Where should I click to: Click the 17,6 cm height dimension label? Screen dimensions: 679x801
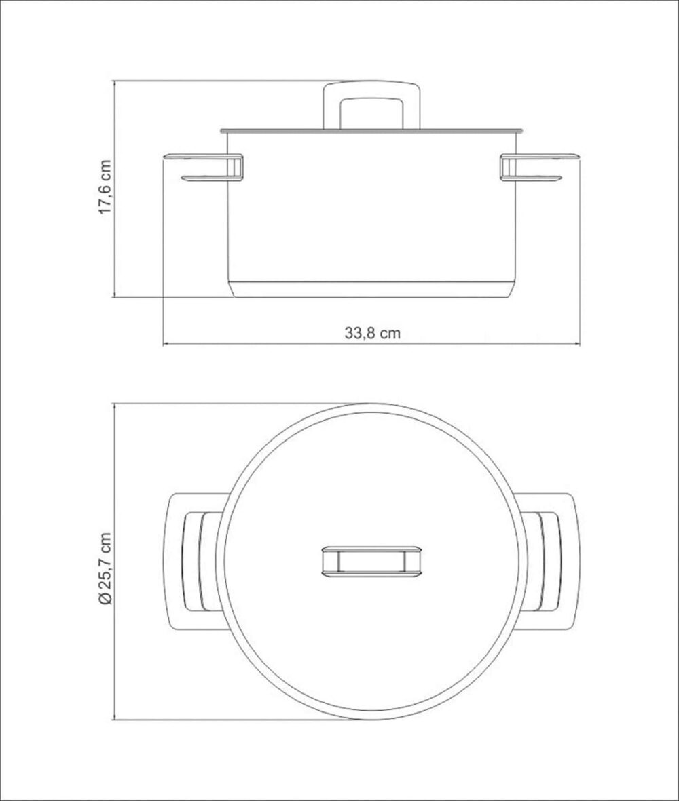105,187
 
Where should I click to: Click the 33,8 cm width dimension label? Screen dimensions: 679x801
372,334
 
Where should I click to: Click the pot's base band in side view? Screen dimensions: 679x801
371,289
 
